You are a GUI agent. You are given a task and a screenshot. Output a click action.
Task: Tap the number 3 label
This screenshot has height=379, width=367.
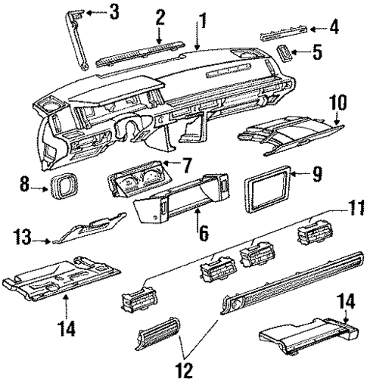click(x=114, y=11)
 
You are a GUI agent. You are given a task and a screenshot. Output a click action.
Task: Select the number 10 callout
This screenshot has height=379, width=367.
click(x=337, y=100)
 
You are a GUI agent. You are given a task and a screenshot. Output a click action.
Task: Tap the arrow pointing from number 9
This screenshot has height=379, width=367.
click(x=305, y=175)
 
